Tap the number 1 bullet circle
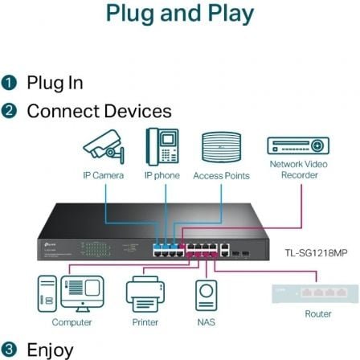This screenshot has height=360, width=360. (x=9, y=82)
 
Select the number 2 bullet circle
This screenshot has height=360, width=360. (x=9, y=111)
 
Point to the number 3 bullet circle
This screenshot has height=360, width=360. (x=9, y=350)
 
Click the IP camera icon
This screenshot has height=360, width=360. (x=104, y=147)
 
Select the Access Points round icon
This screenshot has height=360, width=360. (x=220, y=146)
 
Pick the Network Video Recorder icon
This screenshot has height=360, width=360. (x=298, y=145)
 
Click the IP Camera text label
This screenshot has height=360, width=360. (x=102, y=175)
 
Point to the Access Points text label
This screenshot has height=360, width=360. (x=220, y=175)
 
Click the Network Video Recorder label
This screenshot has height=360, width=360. (x=298, y=169)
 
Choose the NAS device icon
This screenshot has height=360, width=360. (x=206, y=295)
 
